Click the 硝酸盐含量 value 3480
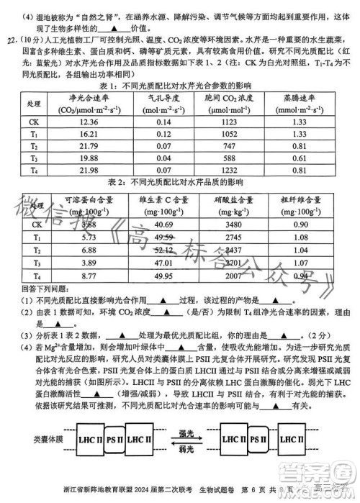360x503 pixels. coord(238,225)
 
